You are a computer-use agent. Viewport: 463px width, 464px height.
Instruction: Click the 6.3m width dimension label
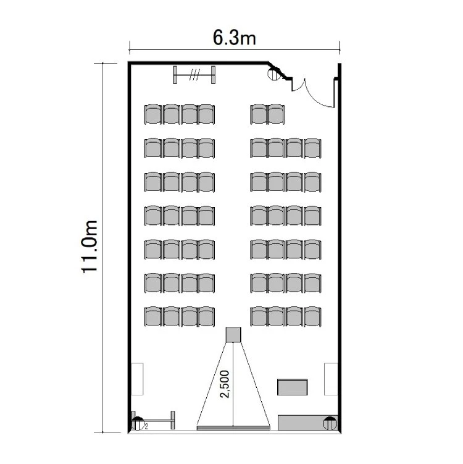[x=235, y=38]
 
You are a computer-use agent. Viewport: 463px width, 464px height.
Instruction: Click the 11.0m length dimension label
[x=89, y=247]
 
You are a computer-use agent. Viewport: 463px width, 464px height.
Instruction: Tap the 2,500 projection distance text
[x=225, y=384]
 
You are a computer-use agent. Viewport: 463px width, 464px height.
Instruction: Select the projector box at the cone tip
[x=233, y=335]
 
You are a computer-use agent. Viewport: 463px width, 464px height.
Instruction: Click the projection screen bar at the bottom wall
[x=233, y=428]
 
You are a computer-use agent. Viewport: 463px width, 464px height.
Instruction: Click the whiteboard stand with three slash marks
[x=194, y=75]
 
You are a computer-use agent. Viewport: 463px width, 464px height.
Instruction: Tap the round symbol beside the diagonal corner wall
[x=273, y=74]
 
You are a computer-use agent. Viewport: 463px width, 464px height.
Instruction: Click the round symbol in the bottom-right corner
[x=330, y=423]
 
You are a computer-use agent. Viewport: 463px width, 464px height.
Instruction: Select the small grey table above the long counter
[x=292, y=387]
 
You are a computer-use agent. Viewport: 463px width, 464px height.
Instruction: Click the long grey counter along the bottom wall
[x=307, y=423]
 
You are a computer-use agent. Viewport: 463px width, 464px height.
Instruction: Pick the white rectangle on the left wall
[x=137, y=379]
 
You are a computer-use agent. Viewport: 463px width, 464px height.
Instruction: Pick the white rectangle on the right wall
[x=331, y=379]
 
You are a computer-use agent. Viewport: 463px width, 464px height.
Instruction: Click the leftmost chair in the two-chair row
[x=259, y=114]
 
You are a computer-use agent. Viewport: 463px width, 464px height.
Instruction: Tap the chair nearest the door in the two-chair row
[x=276, y=114]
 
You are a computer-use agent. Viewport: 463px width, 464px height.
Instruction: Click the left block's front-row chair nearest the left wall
[x=153, y=316]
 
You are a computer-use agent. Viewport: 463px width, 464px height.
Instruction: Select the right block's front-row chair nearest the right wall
[x=312, y=316]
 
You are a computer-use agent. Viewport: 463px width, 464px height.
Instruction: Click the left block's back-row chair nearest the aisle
[x=206, y=114]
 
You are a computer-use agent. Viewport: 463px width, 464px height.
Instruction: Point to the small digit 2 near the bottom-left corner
[x=146, y=426]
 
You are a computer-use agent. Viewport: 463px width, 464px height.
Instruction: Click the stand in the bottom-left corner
[x=153, y=420]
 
